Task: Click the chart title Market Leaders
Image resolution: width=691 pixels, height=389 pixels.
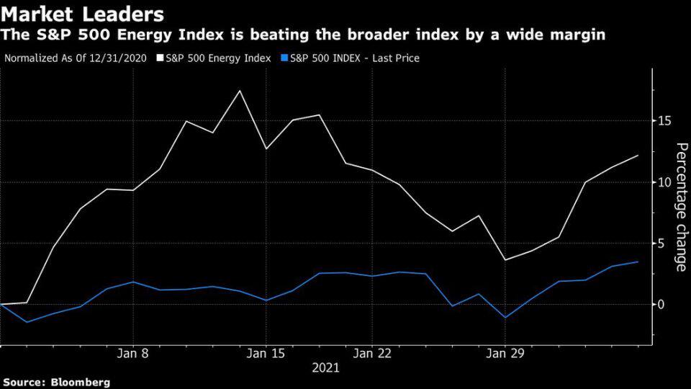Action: tap(83, 14)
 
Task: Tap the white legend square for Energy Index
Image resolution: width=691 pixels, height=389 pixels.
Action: tap(161, 58)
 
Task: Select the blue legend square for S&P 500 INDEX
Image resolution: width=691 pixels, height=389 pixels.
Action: tap(284, 58)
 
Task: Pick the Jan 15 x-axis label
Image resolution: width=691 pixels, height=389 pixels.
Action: tap(266, 354)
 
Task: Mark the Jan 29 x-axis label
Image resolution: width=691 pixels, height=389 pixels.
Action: tap(505, 354)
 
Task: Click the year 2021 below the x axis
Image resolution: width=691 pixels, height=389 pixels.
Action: tap(325, 368)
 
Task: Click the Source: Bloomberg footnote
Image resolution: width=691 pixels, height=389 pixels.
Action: tap(57, 382)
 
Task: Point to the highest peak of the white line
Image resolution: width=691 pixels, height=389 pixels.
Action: tap(240, 91)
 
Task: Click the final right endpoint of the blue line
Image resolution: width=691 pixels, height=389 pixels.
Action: tap(638, 261)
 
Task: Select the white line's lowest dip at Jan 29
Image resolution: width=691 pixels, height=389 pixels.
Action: tap(505, 259)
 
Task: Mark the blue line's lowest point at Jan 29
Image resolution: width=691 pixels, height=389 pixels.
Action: tap(505, 317)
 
